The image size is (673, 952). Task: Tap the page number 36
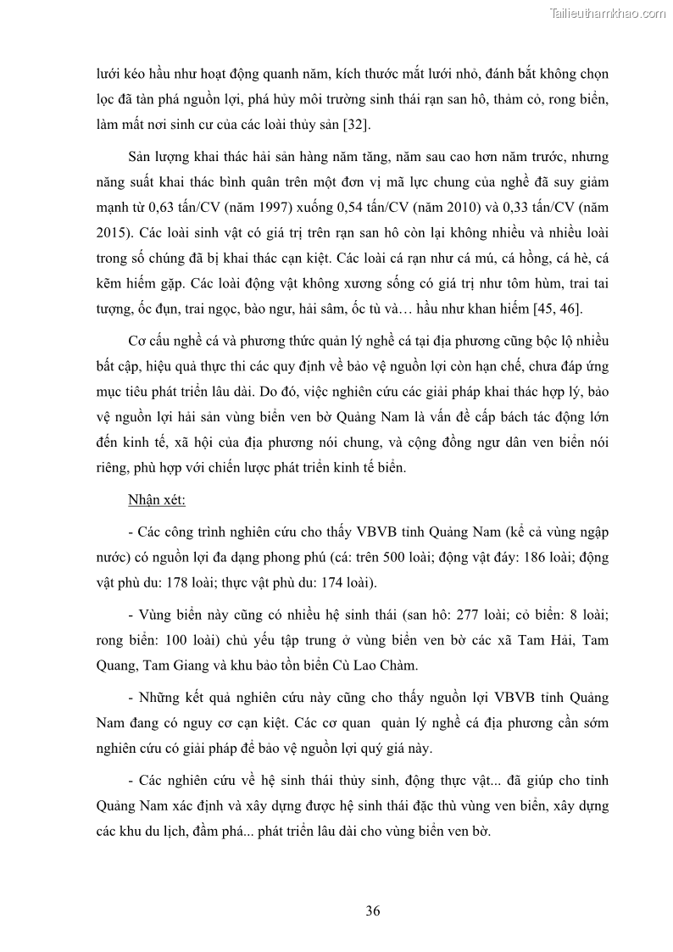pos(372,911)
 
